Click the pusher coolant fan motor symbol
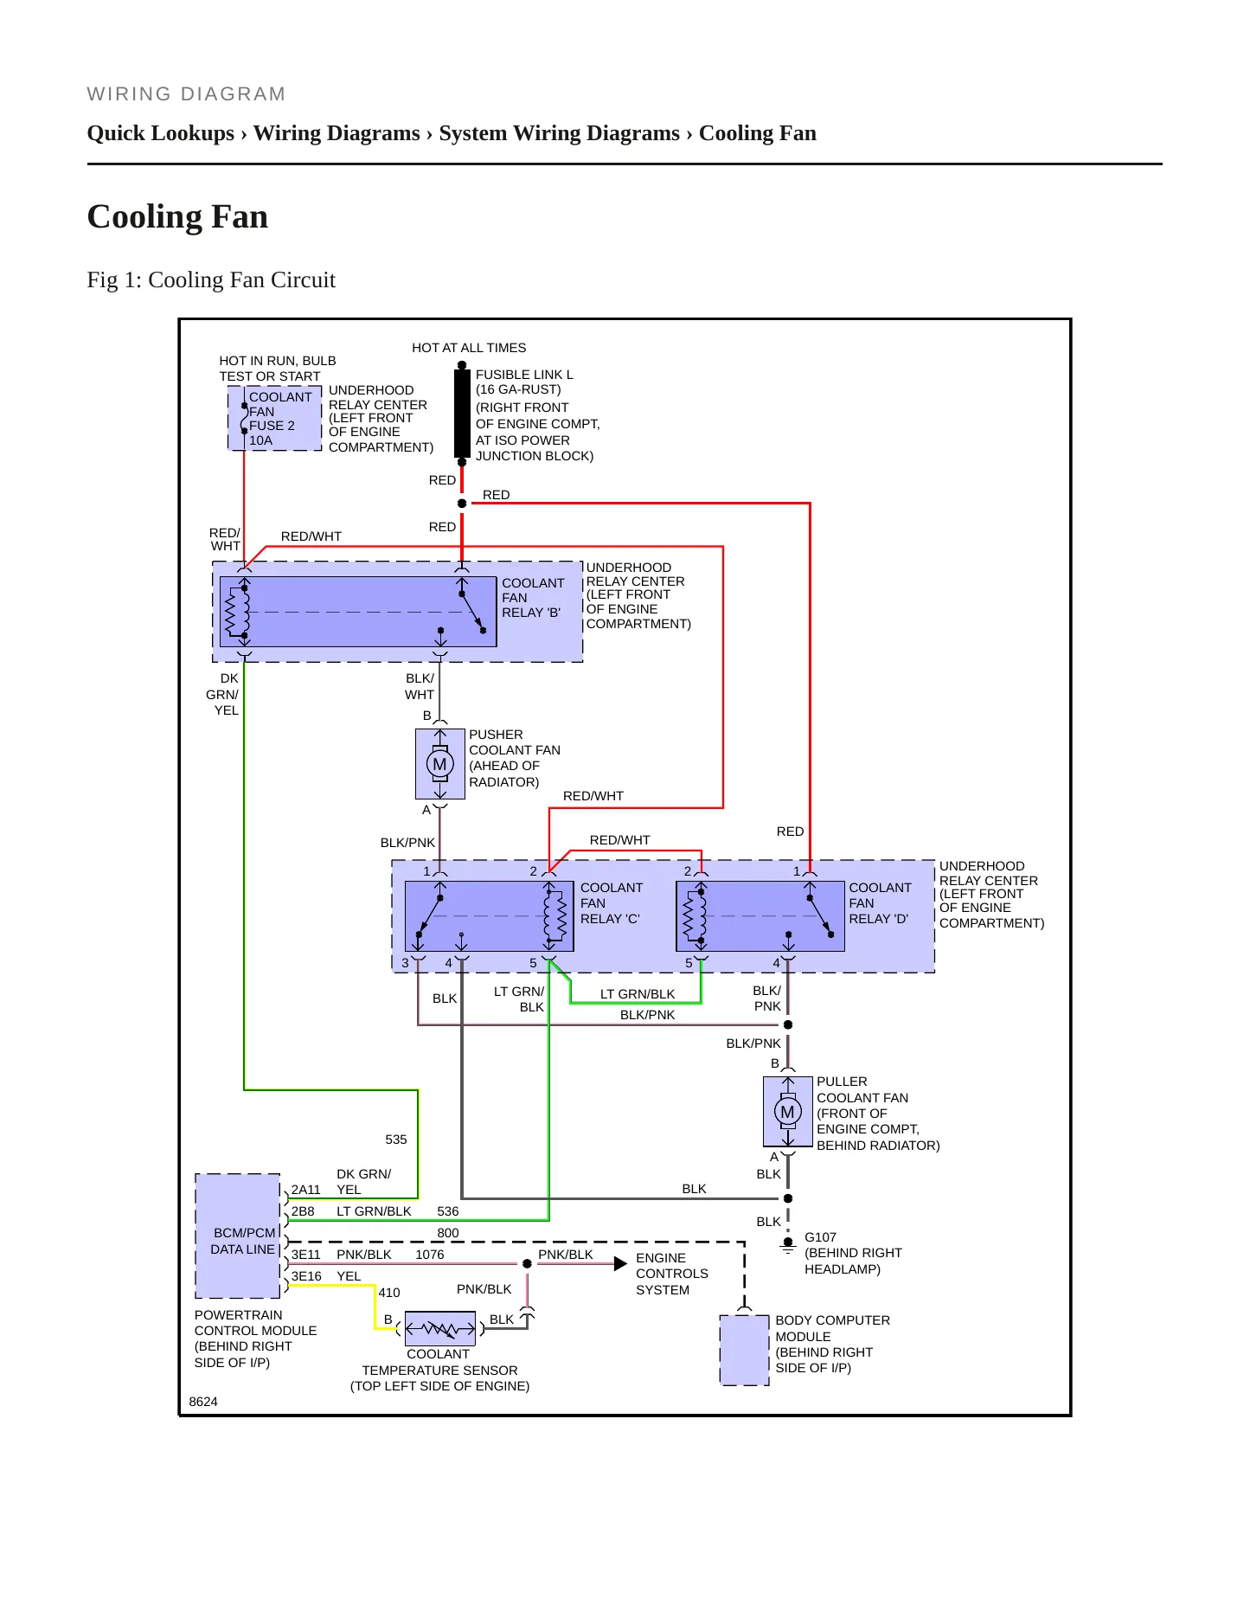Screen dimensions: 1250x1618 coord(440,764)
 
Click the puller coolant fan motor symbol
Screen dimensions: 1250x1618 coord(787,1112)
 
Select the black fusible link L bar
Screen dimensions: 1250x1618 coord(462,414)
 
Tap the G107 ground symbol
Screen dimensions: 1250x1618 coord(788,1246)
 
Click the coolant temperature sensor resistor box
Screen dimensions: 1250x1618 coord(440,1328)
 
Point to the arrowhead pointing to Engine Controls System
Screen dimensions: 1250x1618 coord(620,1264)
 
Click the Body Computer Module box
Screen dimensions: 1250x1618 coord(744,1350)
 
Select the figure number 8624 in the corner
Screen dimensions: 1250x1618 coord(203,1402)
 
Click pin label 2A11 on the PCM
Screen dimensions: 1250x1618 coord(305,1190)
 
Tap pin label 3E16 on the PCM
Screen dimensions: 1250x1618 coord(306,1276)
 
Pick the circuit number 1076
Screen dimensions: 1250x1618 coord(430,1255)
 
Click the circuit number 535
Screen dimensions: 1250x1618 coord(396,1140)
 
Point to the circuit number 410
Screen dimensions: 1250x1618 coord(389,1293)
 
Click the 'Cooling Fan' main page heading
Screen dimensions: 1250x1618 coord(177,216)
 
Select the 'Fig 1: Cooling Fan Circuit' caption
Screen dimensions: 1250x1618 coord(211,279)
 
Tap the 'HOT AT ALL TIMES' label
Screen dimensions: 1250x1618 coord(469,348)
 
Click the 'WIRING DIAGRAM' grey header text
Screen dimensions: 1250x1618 coord(186,93)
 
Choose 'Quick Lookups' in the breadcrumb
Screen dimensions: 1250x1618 coord(161,133)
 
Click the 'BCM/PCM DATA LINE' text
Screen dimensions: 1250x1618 coord(243,1241)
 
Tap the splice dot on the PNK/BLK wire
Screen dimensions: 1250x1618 coord(527,1264)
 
